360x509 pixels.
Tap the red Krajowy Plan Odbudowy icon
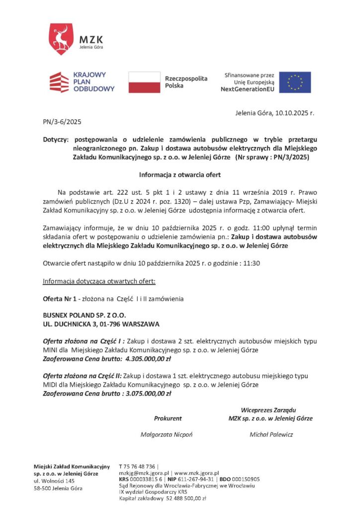pos(59,82)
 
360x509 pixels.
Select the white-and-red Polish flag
pos(144,82)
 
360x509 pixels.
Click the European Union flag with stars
pos(295,82)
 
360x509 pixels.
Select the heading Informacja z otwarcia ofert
pos(180,175)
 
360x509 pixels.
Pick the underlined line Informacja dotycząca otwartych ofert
pos(99,281)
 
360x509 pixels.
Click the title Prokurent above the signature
pos(168,419)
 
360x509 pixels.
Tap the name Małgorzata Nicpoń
pos(167,435)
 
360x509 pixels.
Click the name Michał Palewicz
pos(271,435)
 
